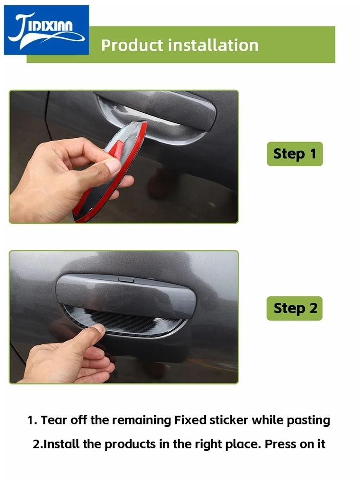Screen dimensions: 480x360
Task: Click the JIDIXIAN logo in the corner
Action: (47, 30)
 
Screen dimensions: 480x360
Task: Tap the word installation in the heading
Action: (213, 45)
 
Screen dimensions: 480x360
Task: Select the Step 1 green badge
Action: (295, 154)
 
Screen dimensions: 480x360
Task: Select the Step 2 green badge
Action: (295, 308)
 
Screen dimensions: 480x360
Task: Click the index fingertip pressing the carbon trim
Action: (97, 329)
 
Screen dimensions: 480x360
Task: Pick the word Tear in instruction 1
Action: (54, 420)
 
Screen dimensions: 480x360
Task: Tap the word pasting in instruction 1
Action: (308, 421)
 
